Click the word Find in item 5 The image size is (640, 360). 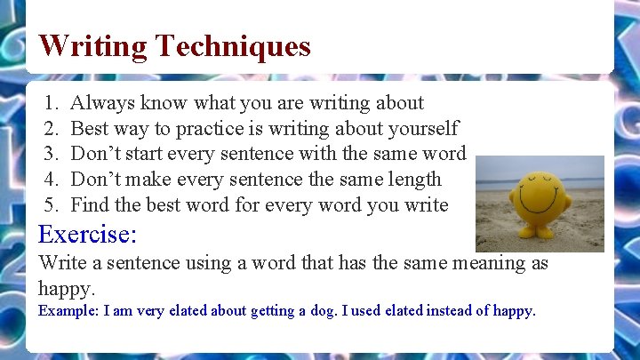tap(90, 204)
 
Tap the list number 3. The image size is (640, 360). tap(51, 154)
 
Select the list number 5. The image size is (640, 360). tap(51, 204)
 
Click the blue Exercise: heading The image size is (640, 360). tap(87, 235)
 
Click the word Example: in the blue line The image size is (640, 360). tap(68, 311)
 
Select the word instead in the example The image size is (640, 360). tap(452, 311)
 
